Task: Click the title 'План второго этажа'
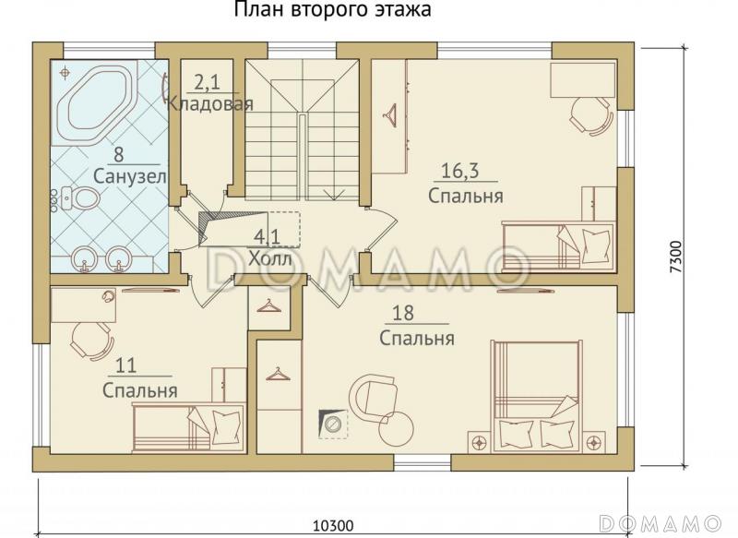pos(332,10)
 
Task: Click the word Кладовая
pos(209,103)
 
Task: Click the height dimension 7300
pos(677,254)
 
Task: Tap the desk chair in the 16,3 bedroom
pos(589,114)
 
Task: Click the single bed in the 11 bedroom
pos(189,428)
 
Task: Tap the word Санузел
pos(129,175)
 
